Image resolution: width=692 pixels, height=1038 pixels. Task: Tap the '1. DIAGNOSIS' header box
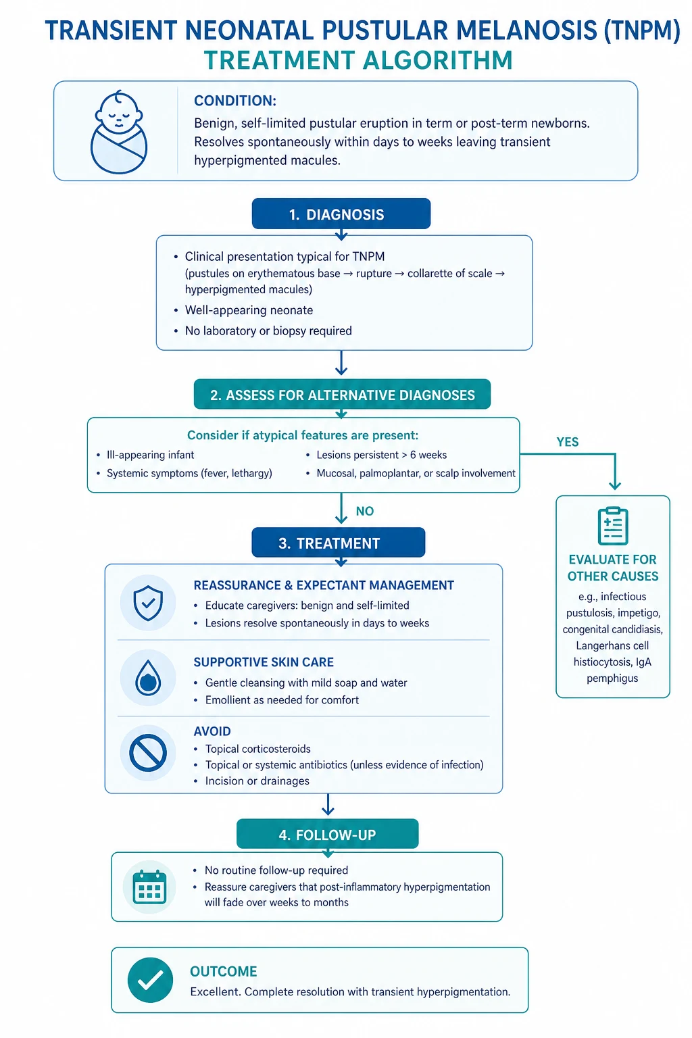341,214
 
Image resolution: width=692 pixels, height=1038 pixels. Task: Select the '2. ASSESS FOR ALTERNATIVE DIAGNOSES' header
342,395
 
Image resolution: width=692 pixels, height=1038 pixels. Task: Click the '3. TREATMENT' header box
339,542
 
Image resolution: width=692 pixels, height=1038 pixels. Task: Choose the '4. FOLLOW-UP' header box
327,834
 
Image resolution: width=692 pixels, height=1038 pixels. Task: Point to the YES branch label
568,441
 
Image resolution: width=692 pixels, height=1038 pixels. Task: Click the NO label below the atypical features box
365,511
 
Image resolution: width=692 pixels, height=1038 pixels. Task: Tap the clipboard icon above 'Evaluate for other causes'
613,526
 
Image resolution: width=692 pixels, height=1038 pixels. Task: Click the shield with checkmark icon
148,603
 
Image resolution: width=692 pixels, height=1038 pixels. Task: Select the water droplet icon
148,678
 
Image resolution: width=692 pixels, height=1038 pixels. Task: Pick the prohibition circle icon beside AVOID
148,753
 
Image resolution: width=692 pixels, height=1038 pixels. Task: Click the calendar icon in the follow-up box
149,887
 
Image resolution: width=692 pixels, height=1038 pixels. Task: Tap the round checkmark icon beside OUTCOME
150,980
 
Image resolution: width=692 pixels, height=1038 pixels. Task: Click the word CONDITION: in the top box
235,101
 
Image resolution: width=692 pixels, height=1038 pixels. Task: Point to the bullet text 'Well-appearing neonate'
249,310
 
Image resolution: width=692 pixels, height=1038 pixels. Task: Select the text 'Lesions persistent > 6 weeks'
381,455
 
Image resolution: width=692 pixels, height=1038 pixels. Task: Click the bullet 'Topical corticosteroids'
257,749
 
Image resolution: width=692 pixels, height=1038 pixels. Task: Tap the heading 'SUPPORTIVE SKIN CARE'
264,662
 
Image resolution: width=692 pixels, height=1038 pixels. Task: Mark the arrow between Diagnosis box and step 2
341,362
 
